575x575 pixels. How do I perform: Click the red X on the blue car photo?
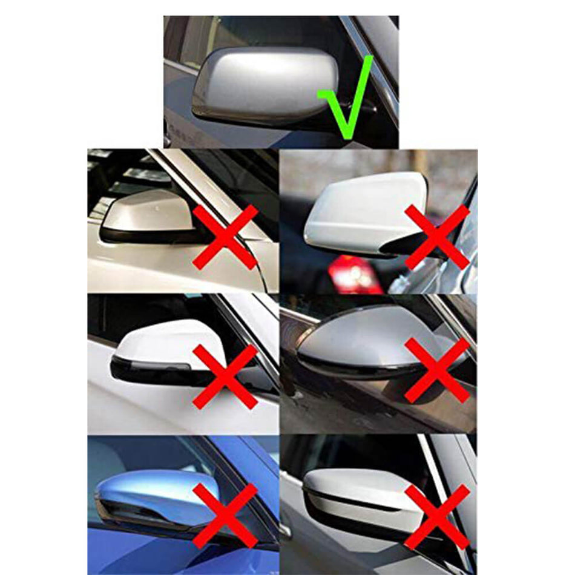pyautogui.click(x=225, y=516)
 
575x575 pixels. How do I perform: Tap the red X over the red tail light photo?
pyautogui.click(x=436, y=237)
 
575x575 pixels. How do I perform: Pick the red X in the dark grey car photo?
pyautogui.click(x=436, y=370)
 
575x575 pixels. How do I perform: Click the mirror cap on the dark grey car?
pyautogui.click(x=363, y=336)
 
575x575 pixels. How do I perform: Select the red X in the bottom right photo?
pyautogui.click(x=436, y=516)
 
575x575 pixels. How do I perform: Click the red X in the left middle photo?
pyautogui.click(x=225, y=376)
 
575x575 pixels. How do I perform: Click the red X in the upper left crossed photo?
pyautogui.click(x=225, y=237)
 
